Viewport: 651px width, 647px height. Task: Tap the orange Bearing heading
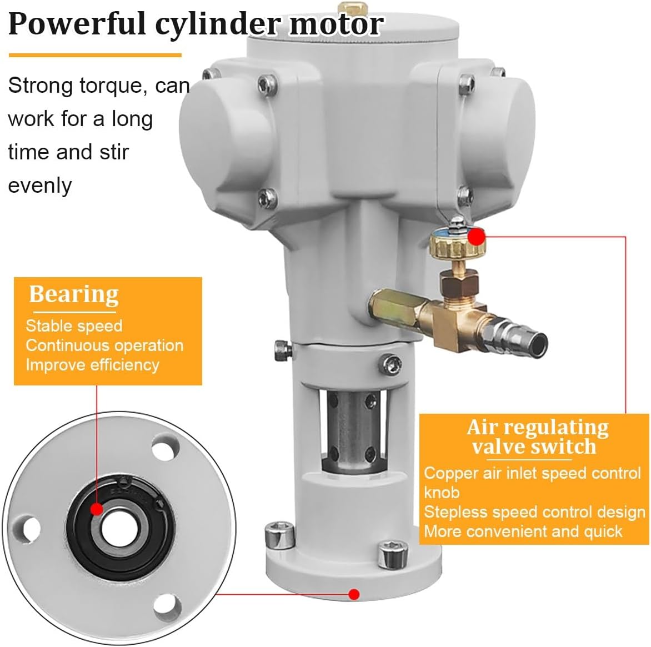73,294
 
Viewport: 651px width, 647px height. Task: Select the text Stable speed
74,325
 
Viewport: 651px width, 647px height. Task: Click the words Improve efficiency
92,364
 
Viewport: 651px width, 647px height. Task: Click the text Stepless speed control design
534,511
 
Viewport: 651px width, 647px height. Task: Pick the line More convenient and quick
523,531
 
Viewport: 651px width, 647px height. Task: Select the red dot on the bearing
96,509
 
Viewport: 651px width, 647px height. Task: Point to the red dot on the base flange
354,594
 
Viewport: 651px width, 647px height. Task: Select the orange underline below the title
95,55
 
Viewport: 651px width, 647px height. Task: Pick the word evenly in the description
40,185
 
